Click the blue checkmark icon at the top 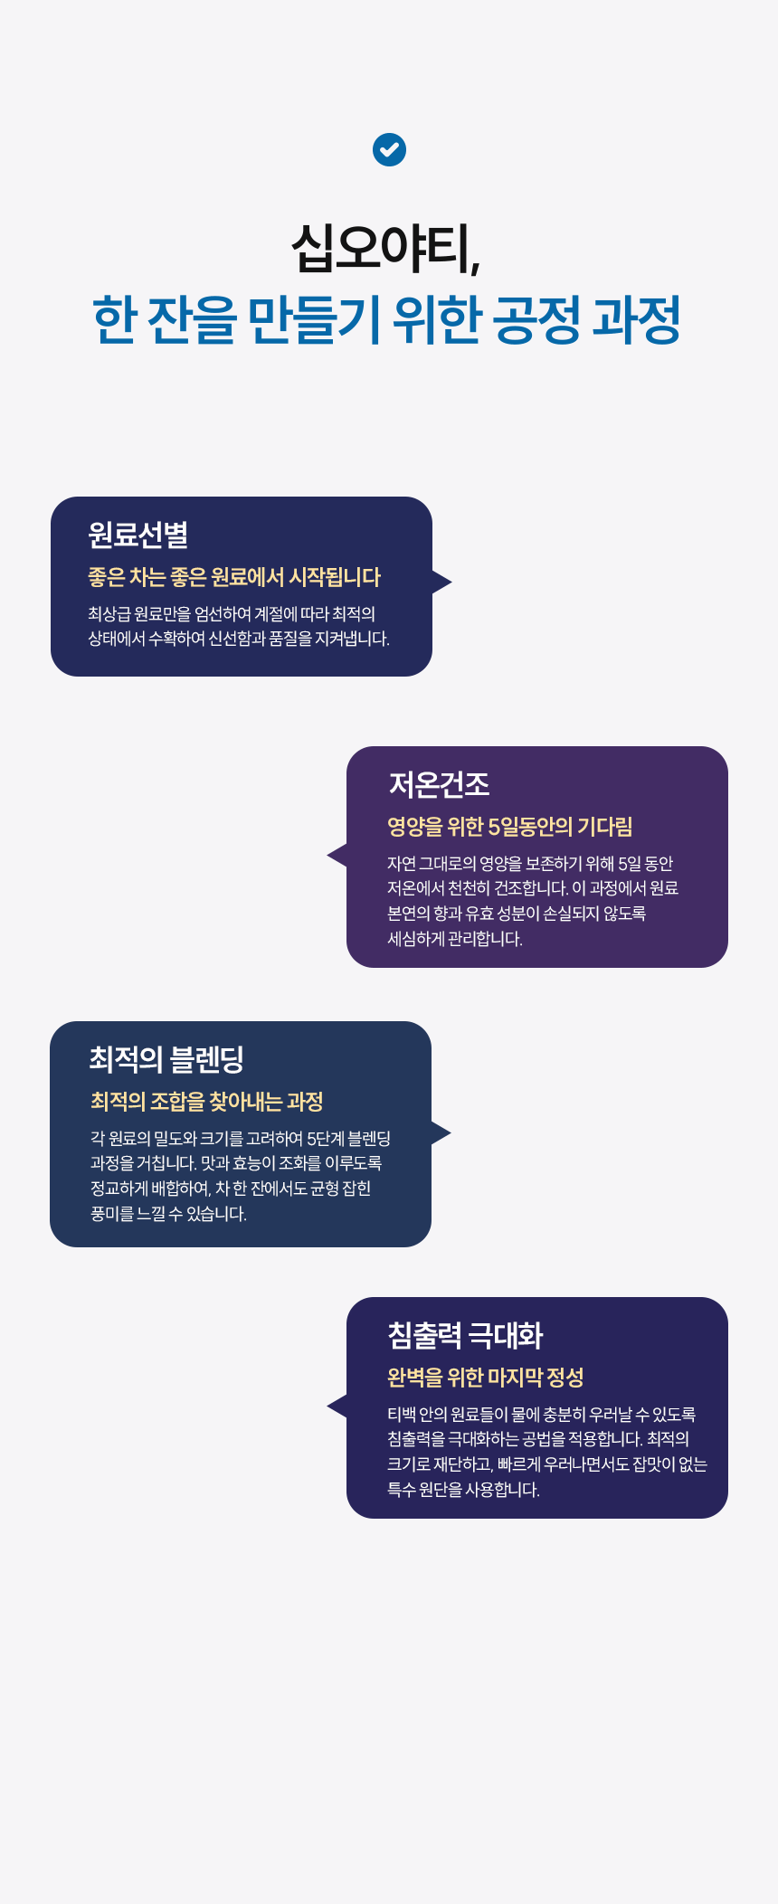tap(389, 149)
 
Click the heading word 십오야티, tap(386, 248)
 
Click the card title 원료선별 tap(138, 535)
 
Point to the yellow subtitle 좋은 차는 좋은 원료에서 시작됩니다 tap(234, 577)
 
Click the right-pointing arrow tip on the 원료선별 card tap(443, 582)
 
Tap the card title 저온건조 tap(439, 784)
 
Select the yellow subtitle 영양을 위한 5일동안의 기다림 tap(509, 827)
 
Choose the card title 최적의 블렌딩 tap(166, 1059)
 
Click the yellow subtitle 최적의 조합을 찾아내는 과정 tap(206, 1102)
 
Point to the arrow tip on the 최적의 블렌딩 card tap(442, 1132)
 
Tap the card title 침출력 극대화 tap(465, 1335)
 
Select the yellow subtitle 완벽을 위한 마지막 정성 tap(485, 1378)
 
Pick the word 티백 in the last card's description tap(401, 1415)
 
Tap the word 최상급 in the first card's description tap(109, 614)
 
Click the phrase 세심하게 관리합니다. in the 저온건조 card tap(455, 939)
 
